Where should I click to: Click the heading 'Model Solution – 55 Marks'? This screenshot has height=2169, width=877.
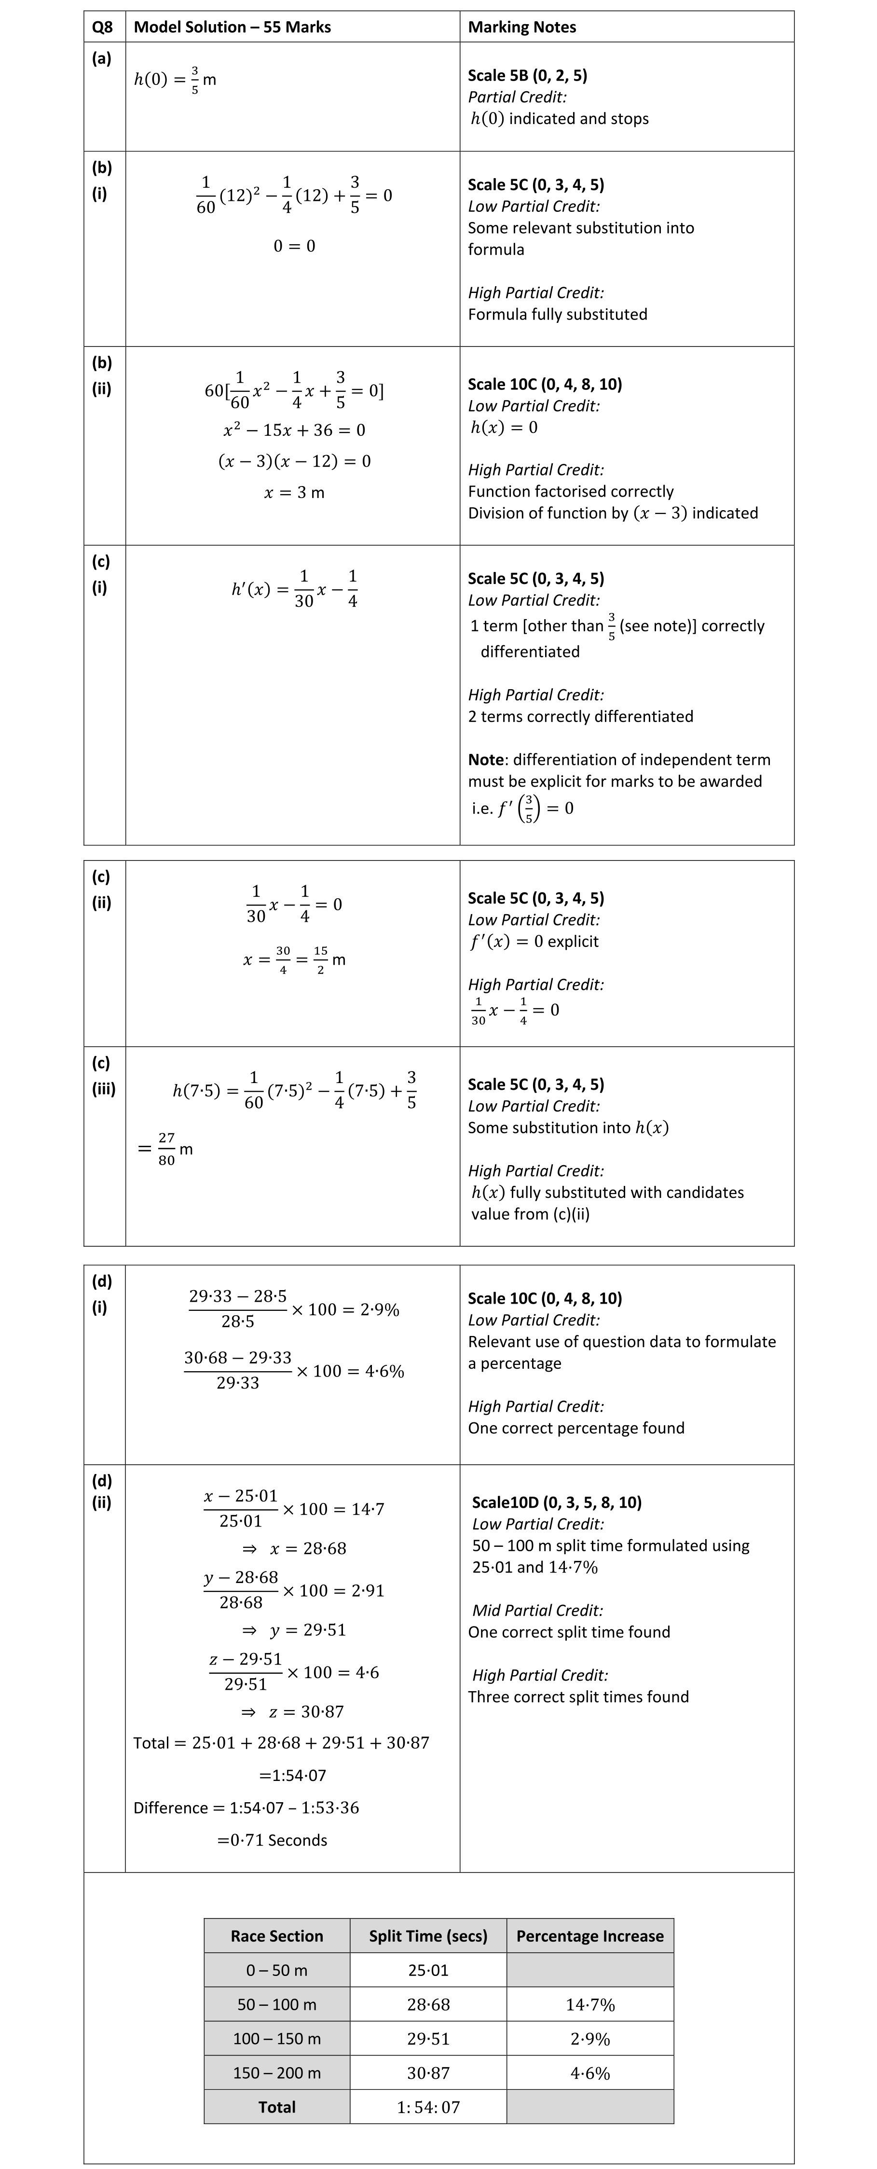coord(233,27)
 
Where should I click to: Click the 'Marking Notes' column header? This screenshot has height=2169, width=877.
coord(522,27)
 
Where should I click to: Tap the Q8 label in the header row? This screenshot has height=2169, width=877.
coord(102,27)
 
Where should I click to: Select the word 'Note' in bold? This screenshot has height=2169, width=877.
coord(486,760)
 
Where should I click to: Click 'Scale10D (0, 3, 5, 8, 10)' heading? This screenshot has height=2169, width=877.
coord(556,1502)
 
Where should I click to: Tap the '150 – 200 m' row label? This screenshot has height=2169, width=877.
coord(277,2073)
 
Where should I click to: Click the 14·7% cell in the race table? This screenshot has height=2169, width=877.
coord(590,2005)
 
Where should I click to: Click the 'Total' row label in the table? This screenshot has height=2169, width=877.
coord(277,2107)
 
